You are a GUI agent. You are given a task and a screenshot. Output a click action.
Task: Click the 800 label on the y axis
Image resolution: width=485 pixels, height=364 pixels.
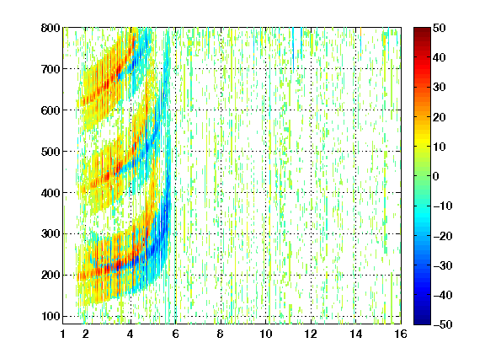(51, 28)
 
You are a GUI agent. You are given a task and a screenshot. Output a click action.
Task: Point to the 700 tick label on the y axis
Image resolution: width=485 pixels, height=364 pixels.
(51, 69)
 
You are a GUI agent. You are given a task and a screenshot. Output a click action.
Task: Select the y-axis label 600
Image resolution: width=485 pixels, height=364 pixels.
(51, 110)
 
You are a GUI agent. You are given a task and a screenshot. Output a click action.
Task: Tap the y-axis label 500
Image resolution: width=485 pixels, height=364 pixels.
(51, 152)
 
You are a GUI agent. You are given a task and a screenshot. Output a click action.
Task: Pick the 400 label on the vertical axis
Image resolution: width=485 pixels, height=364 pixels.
(51, 193)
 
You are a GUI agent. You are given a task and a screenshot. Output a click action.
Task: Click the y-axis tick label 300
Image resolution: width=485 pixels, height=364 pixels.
(51, 234)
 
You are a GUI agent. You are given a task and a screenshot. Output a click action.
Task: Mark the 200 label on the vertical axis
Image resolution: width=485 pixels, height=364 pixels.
(51, 276)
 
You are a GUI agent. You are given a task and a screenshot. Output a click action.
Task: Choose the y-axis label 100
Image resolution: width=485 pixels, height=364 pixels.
(51, 316)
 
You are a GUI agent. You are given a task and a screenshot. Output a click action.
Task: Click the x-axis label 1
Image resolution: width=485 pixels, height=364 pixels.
(63, 334)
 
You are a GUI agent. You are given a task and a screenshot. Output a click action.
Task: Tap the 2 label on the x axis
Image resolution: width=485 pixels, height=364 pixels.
(85, 334)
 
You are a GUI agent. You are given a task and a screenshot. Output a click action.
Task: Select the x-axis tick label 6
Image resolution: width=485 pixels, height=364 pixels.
(175, 334)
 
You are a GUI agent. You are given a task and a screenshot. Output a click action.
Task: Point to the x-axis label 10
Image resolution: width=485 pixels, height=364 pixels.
(266, 334)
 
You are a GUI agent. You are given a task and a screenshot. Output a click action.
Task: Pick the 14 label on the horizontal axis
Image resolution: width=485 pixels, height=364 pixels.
(356, 334)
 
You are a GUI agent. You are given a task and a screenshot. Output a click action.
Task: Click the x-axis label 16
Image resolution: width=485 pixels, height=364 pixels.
(401, 334)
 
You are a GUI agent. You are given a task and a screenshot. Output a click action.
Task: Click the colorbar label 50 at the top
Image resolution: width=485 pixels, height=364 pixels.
(439, 28)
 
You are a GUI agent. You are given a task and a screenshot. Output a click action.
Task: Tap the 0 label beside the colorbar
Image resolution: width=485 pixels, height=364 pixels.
(436, 176)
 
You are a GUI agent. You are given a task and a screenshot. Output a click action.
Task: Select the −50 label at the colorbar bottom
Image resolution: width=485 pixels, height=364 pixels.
(443, 324)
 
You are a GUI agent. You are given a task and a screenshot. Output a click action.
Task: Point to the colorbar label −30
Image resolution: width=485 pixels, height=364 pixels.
(443, 265)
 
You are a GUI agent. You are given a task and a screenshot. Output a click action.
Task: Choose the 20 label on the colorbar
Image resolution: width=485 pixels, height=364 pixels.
(439, 117)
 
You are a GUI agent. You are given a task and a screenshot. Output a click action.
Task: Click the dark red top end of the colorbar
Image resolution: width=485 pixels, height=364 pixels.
(422, 29)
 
